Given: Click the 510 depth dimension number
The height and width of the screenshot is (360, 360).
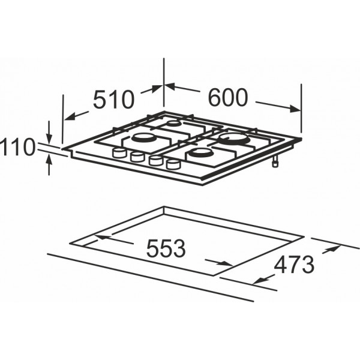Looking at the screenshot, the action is (x=113, y=100).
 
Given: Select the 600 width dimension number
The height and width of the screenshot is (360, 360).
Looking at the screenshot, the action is (x=228, y=97).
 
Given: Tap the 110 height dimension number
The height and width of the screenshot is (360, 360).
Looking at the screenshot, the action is (x=17, y=147).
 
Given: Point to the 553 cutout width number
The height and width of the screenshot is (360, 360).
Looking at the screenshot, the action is (x=166, y=248).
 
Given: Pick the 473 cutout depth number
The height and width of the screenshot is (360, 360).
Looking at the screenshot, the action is (x=294, y=265).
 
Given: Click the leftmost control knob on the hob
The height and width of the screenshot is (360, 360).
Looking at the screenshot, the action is (x=119, y=152).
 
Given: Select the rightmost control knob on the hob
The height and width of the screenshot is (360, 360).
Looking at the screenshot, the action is (x=173, y=164).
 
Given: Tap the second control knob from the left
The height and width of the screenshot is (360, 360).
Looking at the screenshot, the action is (x=137, y=157).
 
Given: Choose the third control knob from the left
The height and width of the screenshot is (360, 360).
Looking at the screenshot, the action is (x=155, y=160).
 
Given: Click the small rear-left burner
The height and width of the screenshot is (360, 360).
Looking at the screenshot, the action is (x=174, y=124).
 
